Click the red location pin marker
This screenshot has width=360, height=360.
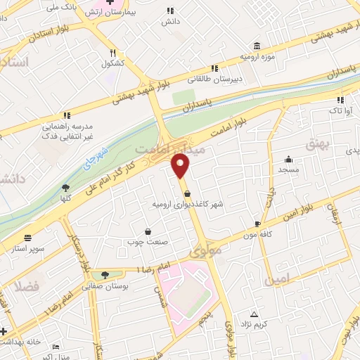click(x=181, y=166)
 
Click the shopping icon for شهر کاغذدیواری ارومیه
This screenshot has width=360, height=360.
click(x=187, y=194)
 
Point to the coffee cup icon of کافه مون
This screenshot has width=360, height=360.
click(x=257, y=224)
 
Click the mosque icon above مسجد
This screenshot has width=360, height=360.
click(x=288, y=160)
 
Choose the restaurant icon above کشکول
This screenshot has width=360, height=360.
click(x=112, y=53)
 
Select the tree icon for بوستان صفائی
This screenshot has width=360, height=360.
click(x=105, y=274)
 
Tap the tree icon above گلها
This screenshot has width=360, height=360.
click(x=65, y=187)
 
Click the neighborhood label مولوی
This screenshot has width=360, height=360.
click(x=205, y=250)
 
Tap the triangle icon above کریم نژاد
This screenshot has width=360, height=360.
click(x=254, y=314)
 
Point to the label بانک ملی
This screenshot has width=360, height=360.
click(x=59, y=7)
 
